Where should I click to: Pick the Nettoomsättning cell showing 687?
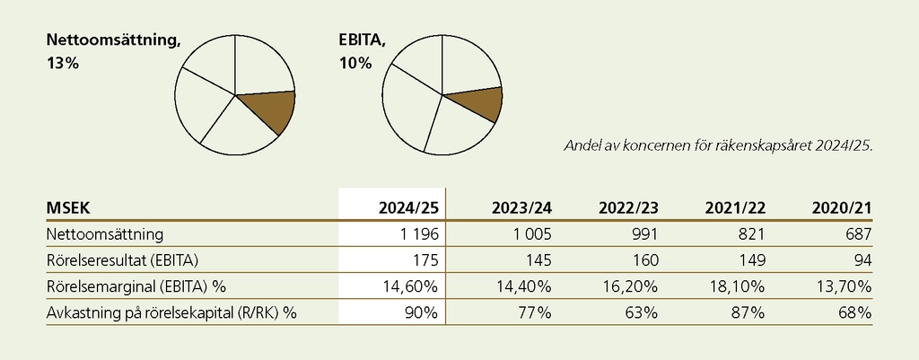(856, 234)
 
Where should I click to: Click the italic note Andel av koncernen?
(717, 145)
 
